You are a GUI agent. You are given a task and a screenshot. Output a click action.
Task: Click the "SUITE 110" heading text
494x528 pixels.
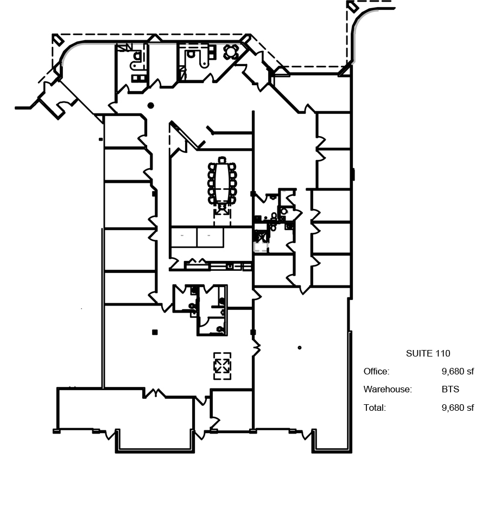428,354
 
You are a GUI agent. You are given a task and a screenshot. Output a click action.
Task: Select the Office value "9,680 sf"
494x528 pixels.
458,372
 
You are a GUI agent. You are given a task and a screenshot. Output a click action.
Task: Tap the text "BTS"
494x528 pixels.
450,390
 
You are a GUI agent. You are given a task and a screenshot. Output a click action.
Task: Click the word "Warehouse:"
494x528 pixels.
388,390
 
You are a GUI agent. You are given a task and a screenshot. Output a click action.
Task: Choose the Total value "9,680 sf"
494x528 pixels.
458,408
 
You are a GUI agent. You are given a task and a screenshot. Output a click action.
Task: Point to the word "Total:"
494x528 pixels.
375,408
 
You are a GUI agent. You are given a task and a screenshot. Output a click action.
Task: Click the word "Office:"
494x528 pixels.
376,372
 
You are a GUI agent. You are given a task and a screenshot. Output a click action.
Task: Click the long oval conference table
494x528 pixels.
222,182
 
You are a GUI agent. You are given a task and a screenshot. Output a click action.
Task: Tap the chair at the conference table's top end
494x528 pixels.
222,160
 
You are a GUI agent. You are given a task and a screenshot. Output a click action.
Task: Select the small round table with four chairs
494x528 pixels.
231,52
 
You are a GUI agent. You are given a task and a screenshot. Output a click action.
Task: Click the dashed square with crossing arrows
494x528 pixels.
222,366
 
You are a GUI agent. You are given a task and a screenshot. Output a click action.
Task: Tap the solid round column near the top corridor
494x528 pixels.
151,105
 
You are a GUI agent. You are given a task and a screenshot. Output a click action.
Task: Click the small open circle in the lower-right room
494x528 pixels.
300,348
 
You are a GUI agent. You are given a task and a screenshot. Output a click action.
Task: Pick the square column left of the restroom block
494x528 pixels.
155,332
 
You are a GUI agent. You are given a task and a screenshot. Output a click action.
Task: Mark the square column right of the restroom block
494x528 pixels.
252,332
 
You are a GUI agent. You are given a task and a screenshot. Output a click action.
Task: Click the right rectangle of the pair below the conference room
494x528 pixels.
210,237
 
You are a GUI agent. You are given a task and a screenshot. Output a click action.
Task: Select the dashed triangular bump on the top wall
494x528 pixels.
155,38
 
